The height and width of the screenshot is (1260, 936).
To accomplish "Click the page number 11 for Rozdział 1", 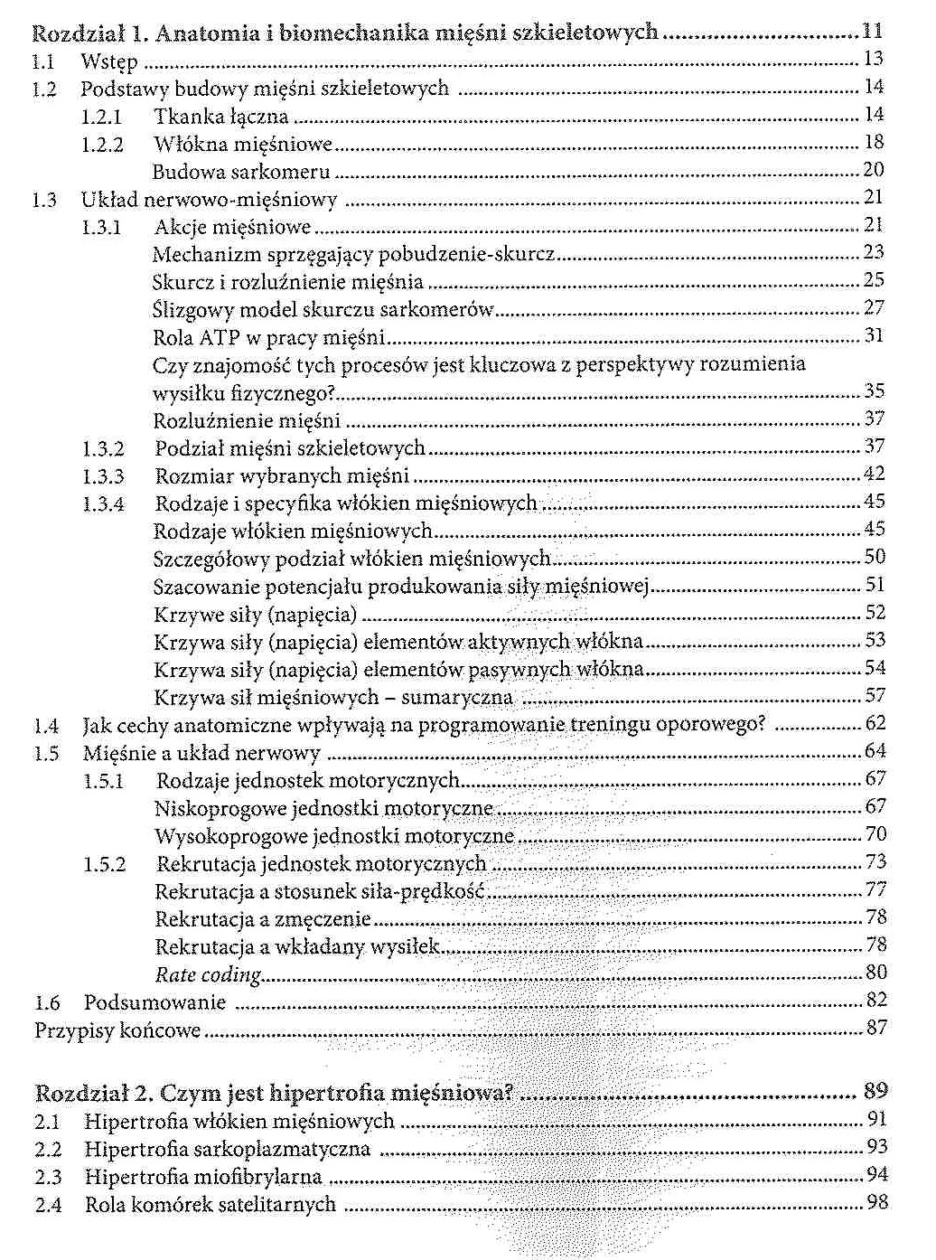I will pos(871,32).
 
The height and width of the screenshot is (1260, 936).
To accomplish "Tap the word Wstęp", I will pos(109,61).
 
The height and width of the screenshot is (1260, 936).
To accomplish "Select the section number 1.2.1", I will pos(101,117).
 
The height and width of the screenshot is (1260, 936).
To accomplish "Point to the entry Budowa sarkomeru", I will pos(241,172).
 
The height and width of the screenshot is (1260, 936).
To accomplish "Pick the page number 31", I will pos(874,335).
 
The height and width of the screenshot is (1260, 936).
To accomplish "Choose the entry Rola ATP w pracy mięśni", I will pos(269,338).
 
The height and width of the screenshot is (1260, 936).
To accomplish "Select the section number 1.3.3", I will pos(103,476).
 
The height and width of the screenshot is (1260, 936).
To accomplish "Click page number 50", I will pos(875,557).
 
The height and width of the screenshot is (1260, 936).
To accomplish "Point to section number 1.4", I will pos(46,726).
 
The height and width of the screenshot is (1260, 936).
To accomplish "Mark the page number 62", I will pos(875,723).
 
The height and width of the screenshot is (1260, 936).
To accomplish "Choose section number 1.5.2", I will pos(105,864).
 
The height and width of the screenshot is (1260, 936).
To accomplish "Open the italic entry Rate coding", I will pos(209,974).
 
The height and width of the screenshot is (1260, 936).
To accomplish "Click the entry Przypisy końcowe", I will pos(117,1030).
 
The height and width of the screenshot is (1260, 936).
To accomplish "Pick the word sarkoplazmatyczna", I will pos(285,1150).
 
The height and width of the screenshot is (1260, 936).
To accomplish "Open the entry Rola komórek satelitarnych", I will pos(211,1205).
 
